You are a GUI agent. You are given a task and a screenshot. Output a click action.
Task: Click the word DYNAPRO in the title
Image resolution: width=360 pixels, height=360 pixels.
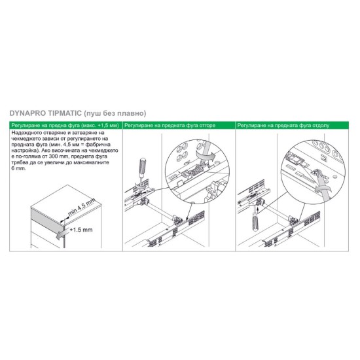click(27, 113)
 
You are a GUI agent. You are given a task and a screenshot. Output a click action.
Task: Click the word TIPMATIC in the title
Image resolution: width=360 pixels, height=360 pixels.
click(65, 113)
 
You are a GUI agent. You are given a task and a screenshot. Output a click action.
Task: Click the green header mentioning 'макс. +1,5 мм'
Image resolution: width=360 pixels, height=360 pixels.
click(66, 126)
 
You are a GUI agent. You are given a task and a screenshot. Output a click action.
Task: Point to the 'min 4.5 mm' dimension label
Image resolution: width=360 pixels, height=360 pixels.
click(82, 207)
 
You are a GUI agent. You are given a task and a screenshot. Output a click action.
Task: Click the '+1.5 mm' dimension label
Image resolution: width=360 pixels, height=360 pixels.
click(81, 230)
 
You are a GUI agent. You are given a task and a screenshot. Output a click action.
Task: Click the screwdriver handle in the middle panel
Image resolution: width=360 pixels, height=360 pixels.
click(143, 166)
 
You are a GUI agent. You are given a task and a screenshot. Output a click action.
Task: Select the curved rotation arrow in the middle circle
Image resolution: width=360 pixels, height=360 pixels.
click(204, 156)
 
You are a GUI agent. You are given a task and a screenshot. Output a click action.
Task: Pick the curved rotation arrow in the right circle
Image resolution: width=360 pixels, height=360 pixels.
click(323, 189)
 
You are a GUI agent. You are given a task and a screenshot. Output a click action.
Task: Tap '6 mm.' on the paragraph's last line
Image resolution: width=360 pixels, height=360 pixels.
click(19, 168)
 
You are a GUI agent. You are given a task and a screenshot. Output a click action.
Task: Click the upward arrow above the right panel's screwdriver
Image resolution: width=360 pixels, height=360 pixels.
click(258, 209)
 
